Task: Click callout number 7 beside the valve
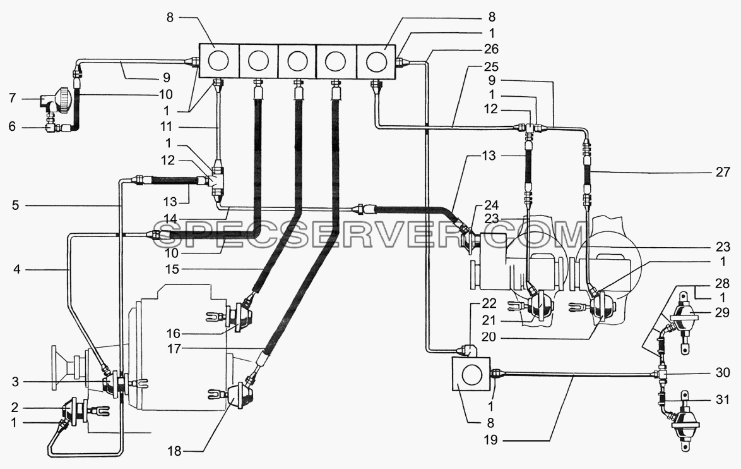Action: tap(12, 98)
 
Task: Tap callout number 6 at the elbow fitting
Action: tap(12, 126)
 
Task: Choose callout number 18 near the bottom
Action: tap(175, 451)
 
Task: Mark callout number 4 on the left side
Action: tap(17, 270)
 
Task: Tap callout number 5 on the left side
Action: tap(16, 205)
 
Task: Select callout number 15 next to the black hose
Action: tap(172, 269)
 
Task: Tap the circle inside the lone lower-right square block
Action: tap(471, 374)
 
